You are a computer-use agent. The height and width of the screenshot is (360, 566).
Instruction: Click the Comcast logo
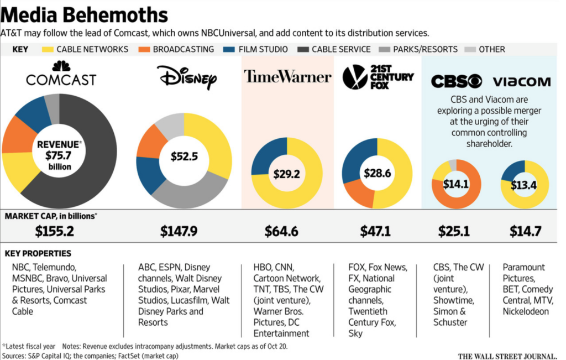61,75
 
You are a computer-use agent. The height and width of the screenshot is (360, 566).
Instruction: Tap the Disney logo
186,77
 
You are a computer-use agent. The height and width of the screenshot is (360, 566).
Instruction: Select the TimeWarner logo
287,76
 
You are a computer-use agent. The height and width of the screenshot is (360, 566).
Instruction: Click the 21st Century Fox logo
378,77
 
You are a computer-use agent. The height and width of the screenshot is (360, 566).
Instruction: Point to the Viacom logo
521,82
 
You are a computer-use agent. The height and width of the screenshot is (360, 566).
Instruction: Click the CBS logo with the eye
456,82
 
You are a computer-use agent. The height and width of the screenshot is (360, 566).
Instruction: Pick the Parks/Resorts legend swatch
385,49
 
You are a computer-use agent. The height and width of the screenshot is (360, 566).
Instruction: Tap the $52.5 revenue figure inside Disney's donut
184,156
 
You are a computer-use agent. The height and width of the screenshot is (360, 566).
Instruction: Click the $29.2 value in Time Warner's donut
287,174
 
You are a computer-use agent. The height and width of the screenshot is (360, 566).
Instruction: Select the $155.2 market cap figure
54,231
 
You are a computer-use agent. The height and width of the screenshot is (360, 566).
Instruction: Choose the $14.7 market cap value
522,231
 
